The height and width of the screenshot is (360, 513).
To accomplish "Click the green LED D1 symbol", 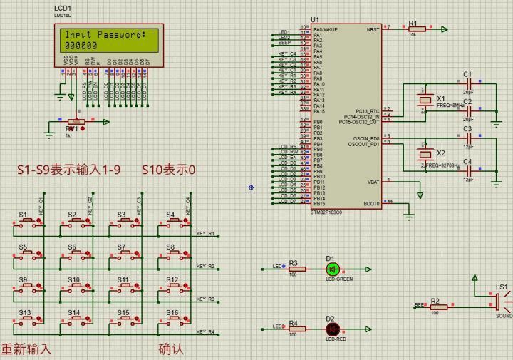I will click(331, 269).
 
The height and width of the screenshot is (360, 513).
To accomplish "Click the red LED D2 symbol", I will click(331, 329).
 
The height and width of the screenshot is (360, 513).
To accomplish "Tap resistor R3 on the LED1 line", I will click(296, 269).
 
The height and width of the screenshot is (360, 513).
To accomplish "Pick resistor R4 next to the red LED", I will click(296, 329).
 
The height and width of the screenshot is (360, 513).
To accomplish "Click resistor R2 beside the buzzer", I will click(438, 307).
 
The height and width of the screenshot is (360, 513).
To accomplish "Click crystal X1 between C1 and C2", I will click(425, 101).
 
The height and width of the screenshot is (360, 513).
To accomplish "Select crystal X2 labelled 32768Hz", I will click(425, 153).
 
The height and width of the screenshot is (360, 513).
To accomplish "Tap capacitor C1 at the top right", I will click(468, 83).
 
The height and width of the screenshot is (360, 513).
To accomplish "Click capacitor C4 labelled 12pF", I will click(468, 170).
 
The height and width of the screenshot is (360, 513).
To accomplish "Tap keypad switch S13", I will click(27, 319).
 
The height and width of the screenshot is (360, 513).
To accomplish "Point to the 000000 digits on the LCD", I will click(81, 45).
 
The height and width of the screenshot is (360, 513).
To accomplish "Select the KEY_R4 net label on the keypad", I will click(205, 332).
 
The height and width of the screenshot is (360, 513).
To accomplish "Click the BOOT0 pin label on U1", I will click(371, 203).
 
